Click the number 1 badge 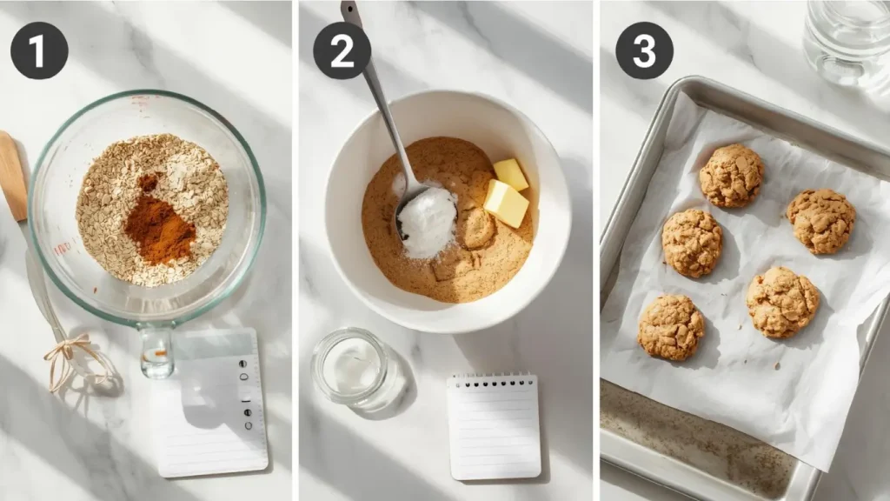[39, 50]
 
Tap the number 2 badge [342, 50]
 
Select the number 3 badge [644, 50]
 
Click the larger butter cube [505, 204]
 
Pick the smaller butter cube [510, 174]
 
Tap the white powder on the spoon [428, 223]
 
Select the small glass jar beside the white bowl [352, 367]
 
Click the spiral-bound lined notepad [493, 426]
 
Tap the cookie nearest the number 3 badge [732, 176]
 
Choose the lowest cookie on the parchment [671, 327]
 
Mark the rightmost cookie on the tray [820, 221]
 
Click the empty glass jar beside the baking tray [847, 39]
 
